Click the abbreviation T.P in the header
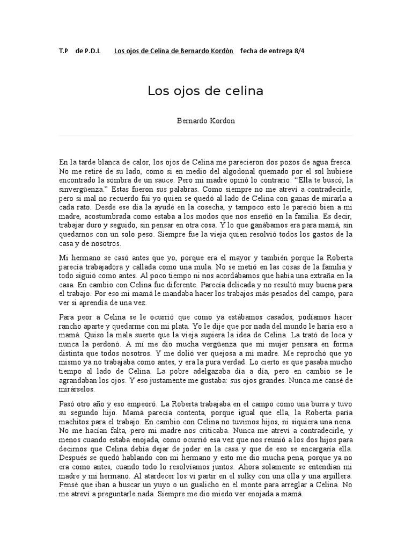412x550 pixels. (x=64, y=52)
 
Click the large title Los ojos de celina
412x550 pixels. (x=205, y=91)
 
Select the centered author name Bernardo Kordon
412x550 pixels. (x=205, y=120)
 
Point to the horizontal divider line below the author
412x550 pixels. (x=205, y=136)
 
